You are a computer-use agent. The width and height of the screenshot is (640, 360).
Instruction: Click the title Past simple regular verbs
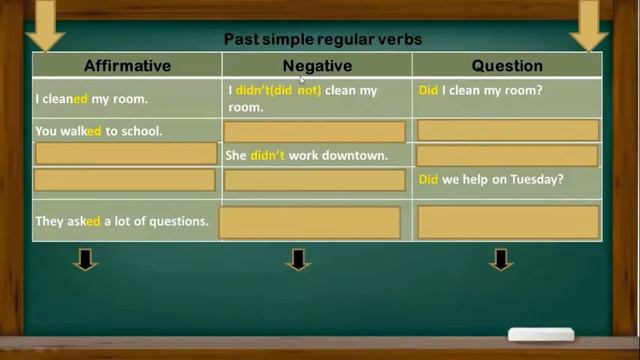click(322, 40)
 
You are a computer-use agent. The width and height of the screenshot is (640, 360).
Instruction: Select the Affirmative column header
click(127, 66)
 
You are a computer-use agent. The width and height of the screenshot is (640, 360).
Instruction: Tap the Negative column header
click(317, 66)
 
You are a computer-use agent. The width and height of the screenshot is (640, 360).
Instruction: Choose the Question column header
click(507, 66)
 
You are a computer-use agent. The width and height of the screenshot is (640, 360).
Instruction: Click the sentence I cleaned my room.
click(91, 99)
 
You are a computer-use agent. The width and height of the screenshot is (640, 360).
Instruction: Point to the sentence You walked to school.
click(98, 131)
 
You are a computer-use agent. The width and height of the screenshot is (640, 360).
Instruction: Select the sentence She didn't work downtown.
click(306, 156)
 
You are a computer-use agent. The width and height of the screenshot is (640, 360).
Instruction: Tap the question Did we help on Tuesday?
click(491, 180)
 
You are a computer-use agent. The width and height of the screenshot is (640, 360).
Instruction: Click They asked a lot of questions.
click(122, 222)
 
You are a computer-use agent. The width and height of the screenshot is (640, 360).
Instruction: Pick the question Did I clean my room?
click(480, 90)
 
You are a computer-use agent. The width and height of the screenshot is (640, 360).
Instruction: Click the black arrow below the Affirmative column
click(85, 261)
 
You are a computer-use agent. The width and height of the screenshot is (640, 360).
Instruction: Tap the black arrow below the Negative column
click(298, 261)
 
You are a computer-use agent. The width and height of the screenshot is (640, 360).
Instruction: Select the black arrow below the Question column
click(501, 261)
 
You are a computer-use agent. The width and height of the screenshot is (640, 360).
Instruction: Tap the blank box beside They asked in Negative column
click(309, 222)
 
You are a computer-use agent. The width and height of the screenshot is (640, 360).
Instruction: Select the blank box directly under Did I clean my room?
click(508, 130)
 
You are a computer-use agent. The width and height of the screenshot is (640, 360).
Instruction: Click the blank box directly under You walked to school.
click(126, 154)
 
